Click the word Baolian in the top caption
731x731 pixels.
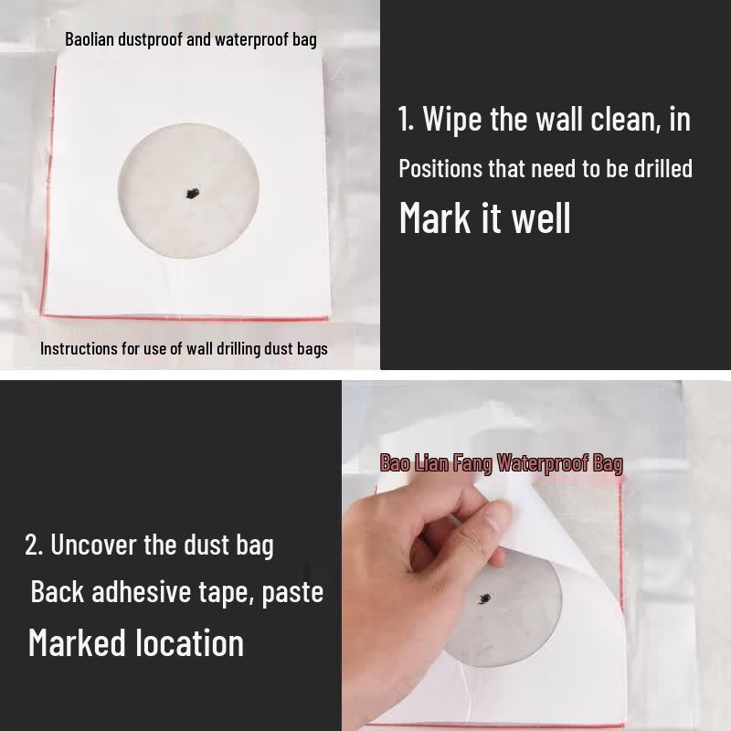coord(90,39)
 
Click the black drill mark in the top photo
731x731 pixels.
coord(192,193)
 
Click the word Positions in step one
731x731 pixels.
coord(440,169)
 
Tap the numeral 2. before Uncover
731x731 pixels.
coord(34,545)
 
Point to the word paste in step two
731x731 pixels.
coord(292,593)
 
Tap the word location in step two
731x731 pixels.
coord(190,642)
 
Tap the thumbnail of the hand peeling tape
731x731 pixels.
coord(536,556)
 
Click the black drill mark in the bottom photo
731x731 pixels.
coord(485,599)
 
